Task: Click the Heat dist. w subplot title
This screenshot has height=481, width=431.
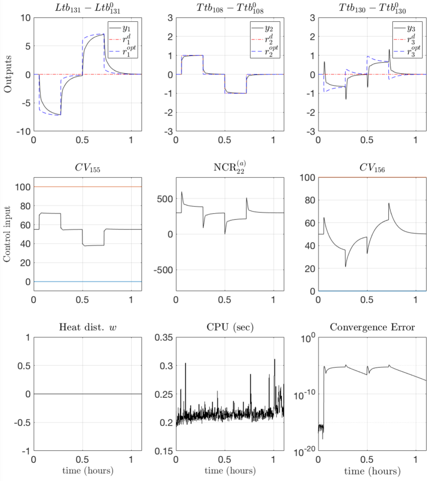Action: (x=87, y=327)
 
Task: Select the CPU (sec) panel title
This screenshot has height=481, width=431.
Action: (x=229, y=327)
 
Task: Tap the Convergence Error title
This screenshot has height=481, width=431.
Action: (x=371, y=327)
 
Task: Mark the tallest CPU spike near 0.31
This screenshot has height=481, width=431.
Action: (x=275, y=360)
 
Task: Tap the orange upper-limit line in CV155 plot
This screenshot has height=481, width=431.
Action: (x=87, y=187)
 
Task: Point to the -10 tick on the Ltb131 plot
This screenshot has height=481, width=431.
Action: (x=22, y=132)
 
